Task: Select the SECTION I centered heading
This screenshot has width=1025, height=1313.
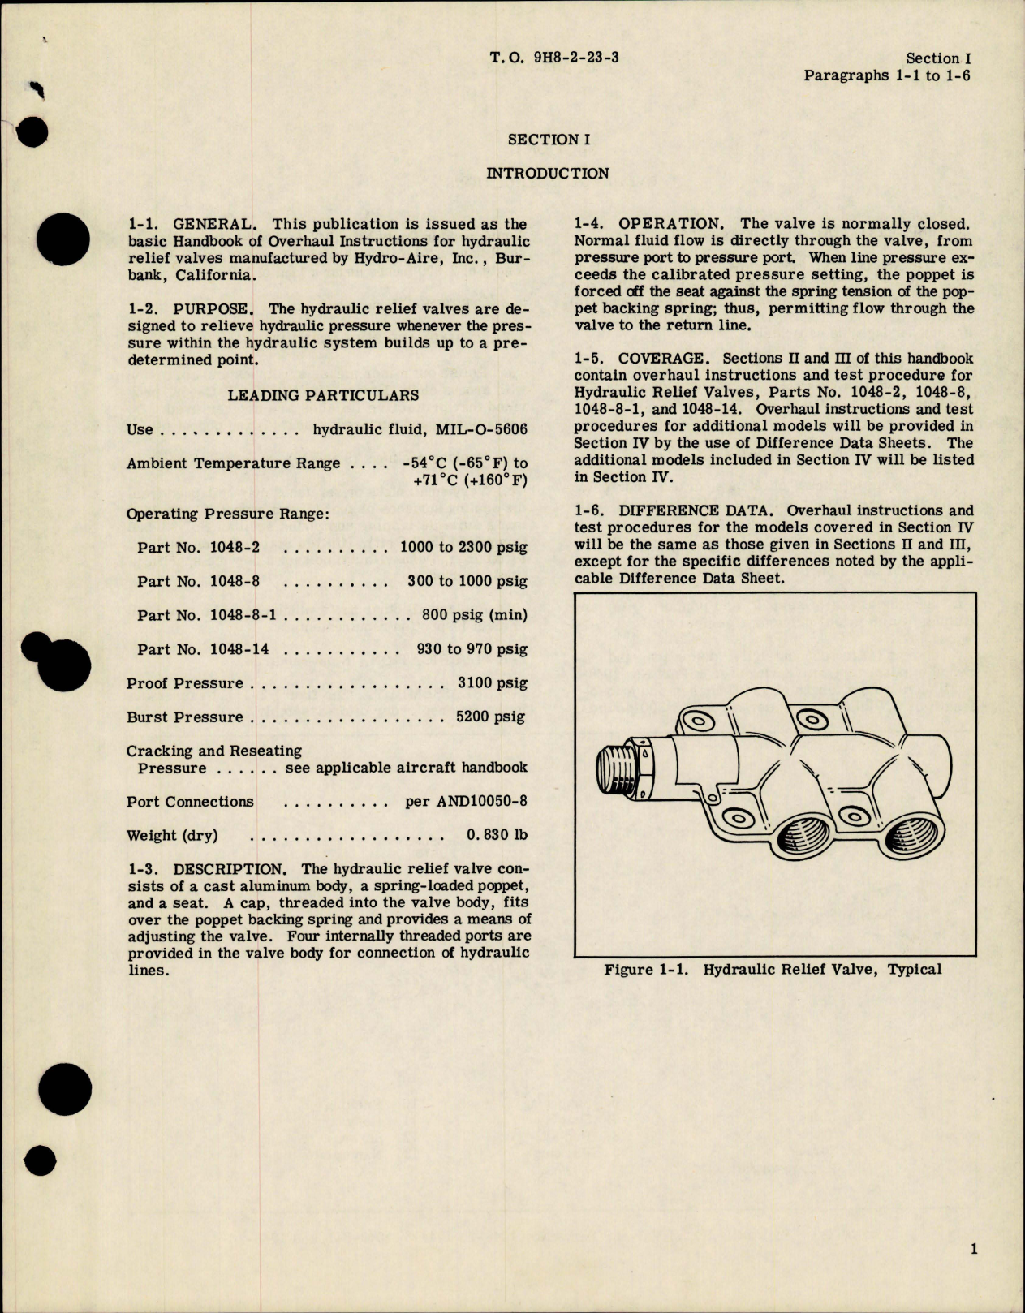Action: coord(549,140)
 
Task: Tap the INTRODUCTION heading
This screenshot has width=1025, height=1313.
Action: coord(547,173)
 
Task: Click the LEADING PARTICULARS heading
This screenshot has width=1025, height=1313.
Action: coord(323,395)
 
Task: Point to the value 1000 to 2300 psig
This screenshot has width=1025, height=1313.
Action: coord(463,547)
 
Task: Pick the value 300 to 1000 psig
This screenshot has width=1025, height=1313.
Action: coord(467,581)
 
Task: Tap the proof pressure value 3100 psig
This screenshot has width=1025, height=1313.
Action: coord(492,683)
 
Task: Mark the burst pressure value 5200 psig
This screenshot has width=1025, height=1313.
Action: coord(490,717)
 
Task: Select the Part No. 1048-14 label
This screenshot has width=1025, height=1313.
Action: coord(203,649)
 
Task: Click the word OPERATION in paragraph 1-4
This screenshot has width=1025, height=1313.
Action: coord(669,224)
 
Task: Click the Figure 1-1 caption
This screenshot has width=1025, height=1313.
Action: coord(773,969)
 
